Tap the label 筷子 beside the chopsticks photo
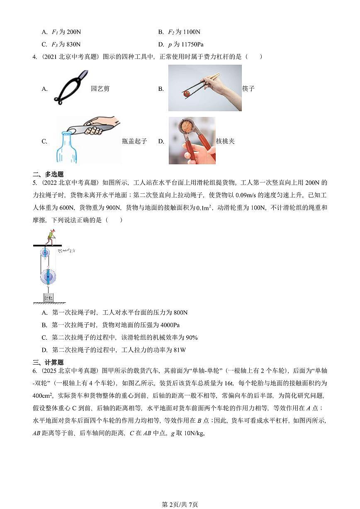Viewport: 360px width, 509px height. click(248, 88)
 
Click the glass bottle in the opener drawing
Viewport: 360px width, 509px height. click(67, 149)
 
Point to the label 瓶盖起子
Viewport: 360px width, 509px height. click(134, 141)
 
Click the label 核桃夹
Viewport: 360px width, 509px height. click(225, 141)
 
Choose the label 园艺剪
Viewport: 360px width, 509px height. click(100, 88)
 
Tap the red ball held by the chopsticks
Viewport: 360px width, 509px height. click(187, 94)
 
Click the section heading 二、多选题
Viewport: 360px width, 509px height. click(48, 174)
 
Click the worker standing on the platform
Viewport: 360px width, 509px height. click(50, 237)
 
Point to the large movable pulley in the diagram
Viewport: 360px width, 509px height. click(48, 276)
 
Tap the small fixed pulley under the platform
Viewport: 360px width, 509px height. click(44, 252)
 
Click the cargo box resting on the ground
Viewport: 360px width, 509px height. click(48, 298)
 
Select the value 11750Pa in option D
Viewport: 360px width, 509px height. click(192, 44)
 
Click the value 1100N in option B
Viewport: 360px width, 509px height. click(192, 32)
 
